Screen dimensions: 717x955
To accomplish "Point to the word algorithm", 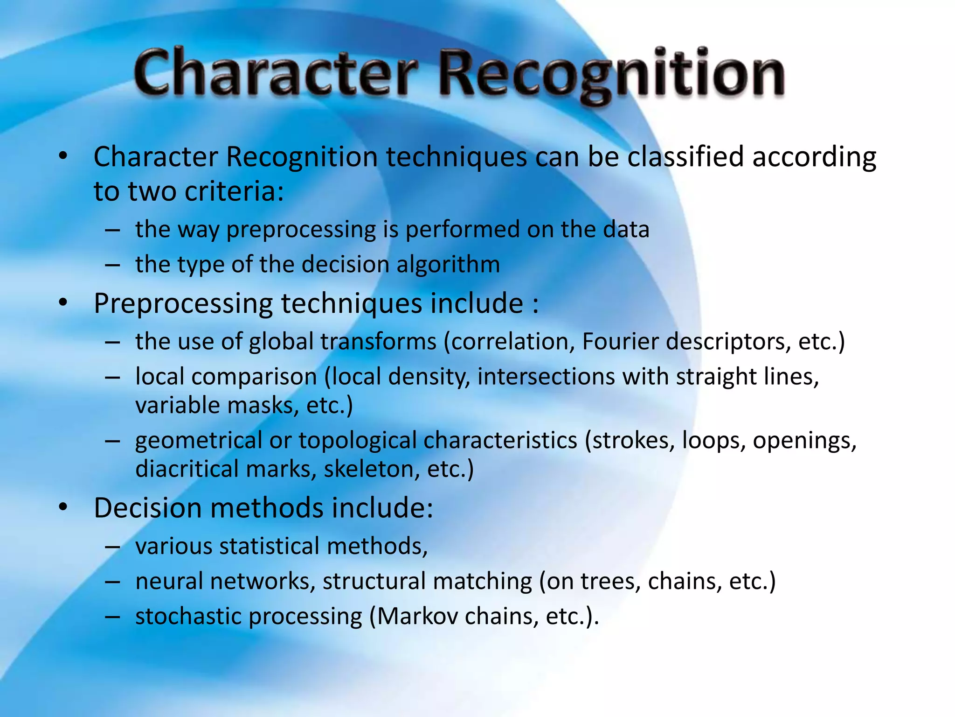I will [448, 265].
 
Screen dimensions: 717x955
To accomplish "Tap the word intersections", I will [546, 376].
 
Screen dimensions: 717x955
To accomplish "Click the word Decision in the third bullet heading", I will [148, 508].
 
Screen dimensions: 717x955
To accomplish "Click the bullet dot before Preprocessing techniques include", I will [63, 303].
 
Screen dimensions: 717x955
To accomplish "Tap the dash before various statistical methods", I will [113, 547].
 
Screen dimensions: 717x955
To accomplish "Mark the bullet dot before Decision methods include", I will [63, 507].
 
